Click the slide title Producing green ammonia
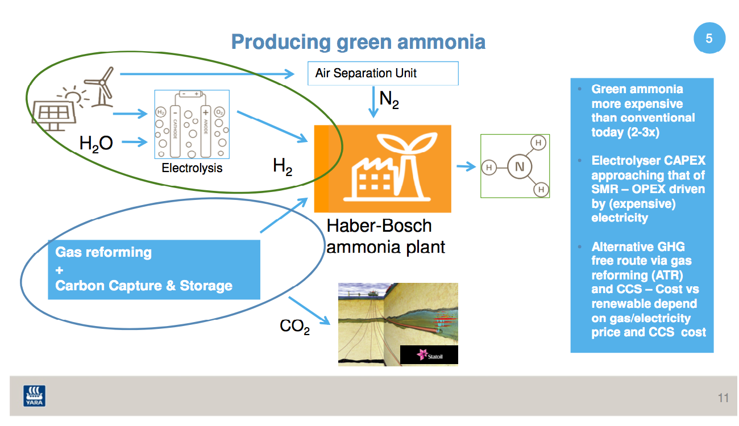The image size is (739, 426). point(358,42)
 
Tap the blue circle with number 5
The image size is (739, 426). point(709,39)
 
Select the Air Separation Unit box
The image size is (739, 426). point(383,73)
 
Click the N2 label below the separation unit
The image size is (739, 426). point(389,101)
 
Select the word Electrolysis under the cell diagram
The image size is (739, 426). point(192,168)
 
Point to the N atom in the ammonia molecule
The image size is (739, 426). point(519,167)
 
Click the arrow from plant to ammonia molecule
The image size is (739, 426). point(466,166)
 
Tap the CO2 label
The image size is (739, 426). point(294,327)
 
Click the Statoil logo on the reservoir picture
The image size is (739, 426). point(429,355)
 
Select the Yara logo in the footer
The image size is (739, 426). point(35,396)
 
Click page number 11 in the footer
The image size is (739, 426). point(723,398)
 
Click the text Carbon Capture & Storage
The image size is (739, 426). point(144,285)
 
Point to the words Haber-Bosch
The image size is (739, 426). point(379,226)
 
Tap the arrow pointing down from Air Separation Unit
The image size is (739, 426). point(373,102)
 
